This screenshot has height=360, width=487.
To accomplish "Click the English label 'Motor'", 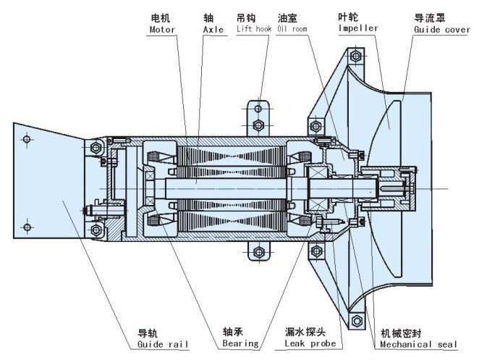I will [162, 30].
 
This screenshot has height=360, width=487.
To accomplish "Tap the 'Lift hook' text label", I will [253, 30].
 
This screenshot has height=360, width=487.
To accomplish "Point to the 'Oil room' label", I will [293, 30].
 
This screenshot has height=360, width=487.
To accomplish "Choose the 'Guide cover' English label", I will [441, 30].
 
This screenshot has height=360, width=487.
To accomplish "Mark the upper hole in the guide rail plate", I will [27, 138].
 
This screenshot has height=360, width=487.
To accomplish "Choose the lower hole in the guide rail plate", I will [27, 227].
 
